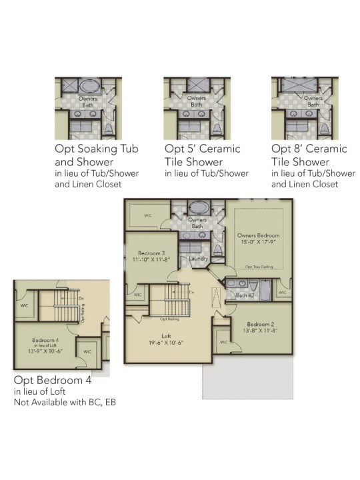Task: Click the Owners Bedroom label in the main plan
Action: [x=259, y=236]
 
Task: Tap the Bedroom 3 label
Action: [x=151, y=253]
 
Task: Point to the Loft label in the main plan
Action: [x=166, y=337]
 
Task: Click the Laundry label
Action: [x=199, y=259]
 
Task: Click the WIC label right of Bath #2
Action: [x=282, y=292]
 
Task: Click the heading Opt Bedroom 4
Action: [x=52, y=381]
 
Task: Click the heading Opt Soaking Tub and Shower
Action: [x=97, y=155]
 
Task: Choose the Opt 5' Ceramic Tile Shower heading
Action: [x=203, y=155]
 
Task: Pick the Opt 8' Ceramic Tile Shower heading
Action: [x=309, y=155]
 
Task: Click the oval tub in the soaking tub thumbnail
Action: [x=88, y=87]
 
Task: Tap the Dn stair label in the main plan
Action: [x=192, y=292]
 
